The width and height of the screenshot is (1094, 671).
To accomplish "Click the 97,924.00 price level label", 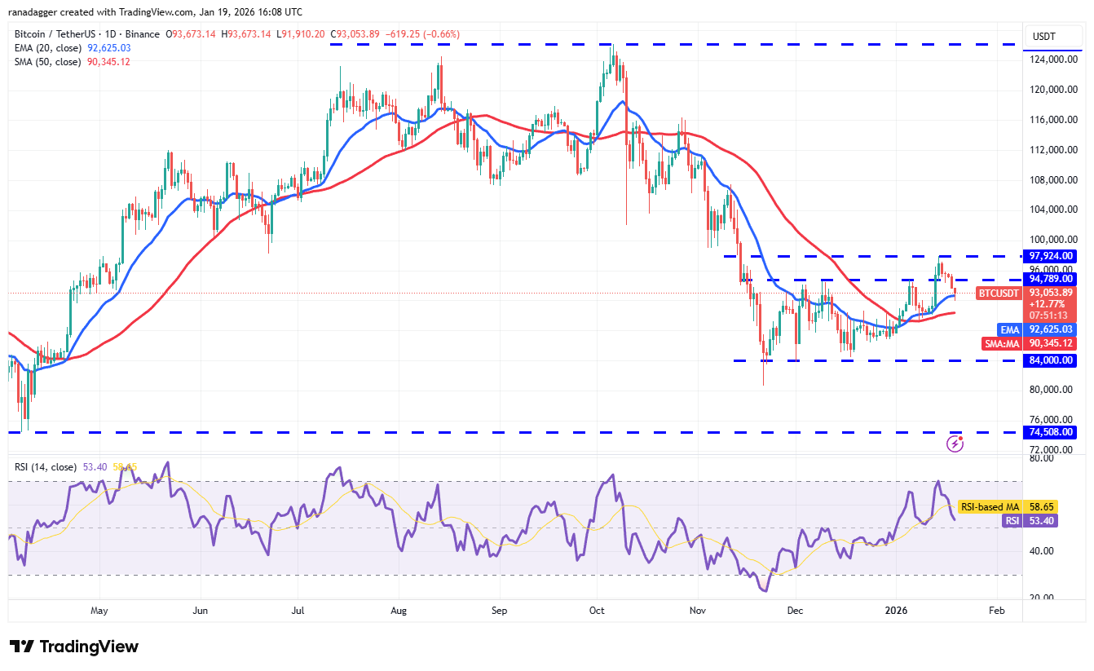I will (x=1052, y=256).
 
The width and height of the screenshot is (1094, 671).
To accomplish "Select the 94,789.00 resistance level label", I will (x=1052, y=279).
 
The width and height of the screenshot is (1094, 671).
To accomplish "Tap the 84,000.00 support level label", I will (x=1052, y=360).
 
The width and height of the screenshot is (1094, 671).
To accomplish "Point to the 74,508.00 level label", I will (x=1052, y=432).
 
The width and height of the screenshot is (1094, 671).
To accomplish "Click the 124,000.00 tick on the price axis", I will (x=1051, y=60).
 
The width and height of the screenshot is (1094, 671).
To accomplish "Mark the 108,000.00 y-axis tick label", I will (x=1051, y=179).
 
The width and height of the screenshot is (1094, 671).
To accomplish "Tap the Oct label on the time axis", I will (x=597, y=610).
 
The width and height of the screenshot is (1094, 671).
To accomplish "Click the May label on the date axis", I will (x=99, y=610).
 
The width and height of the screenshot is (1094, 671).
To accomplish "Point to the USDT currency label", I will (x=1044, y=37).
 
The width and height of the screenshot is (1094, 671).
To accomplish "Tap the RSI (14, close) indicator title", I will (x=45, y=467).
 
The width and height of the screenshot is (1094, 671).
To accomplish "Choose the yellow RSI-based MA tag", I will (x=989, y=506).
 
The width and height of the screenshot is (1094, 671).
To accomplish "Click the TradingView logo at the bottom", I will (x=74, y=647).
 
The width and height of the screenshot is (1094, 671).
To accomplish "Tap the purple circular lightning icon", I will (x=955, y=444).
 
